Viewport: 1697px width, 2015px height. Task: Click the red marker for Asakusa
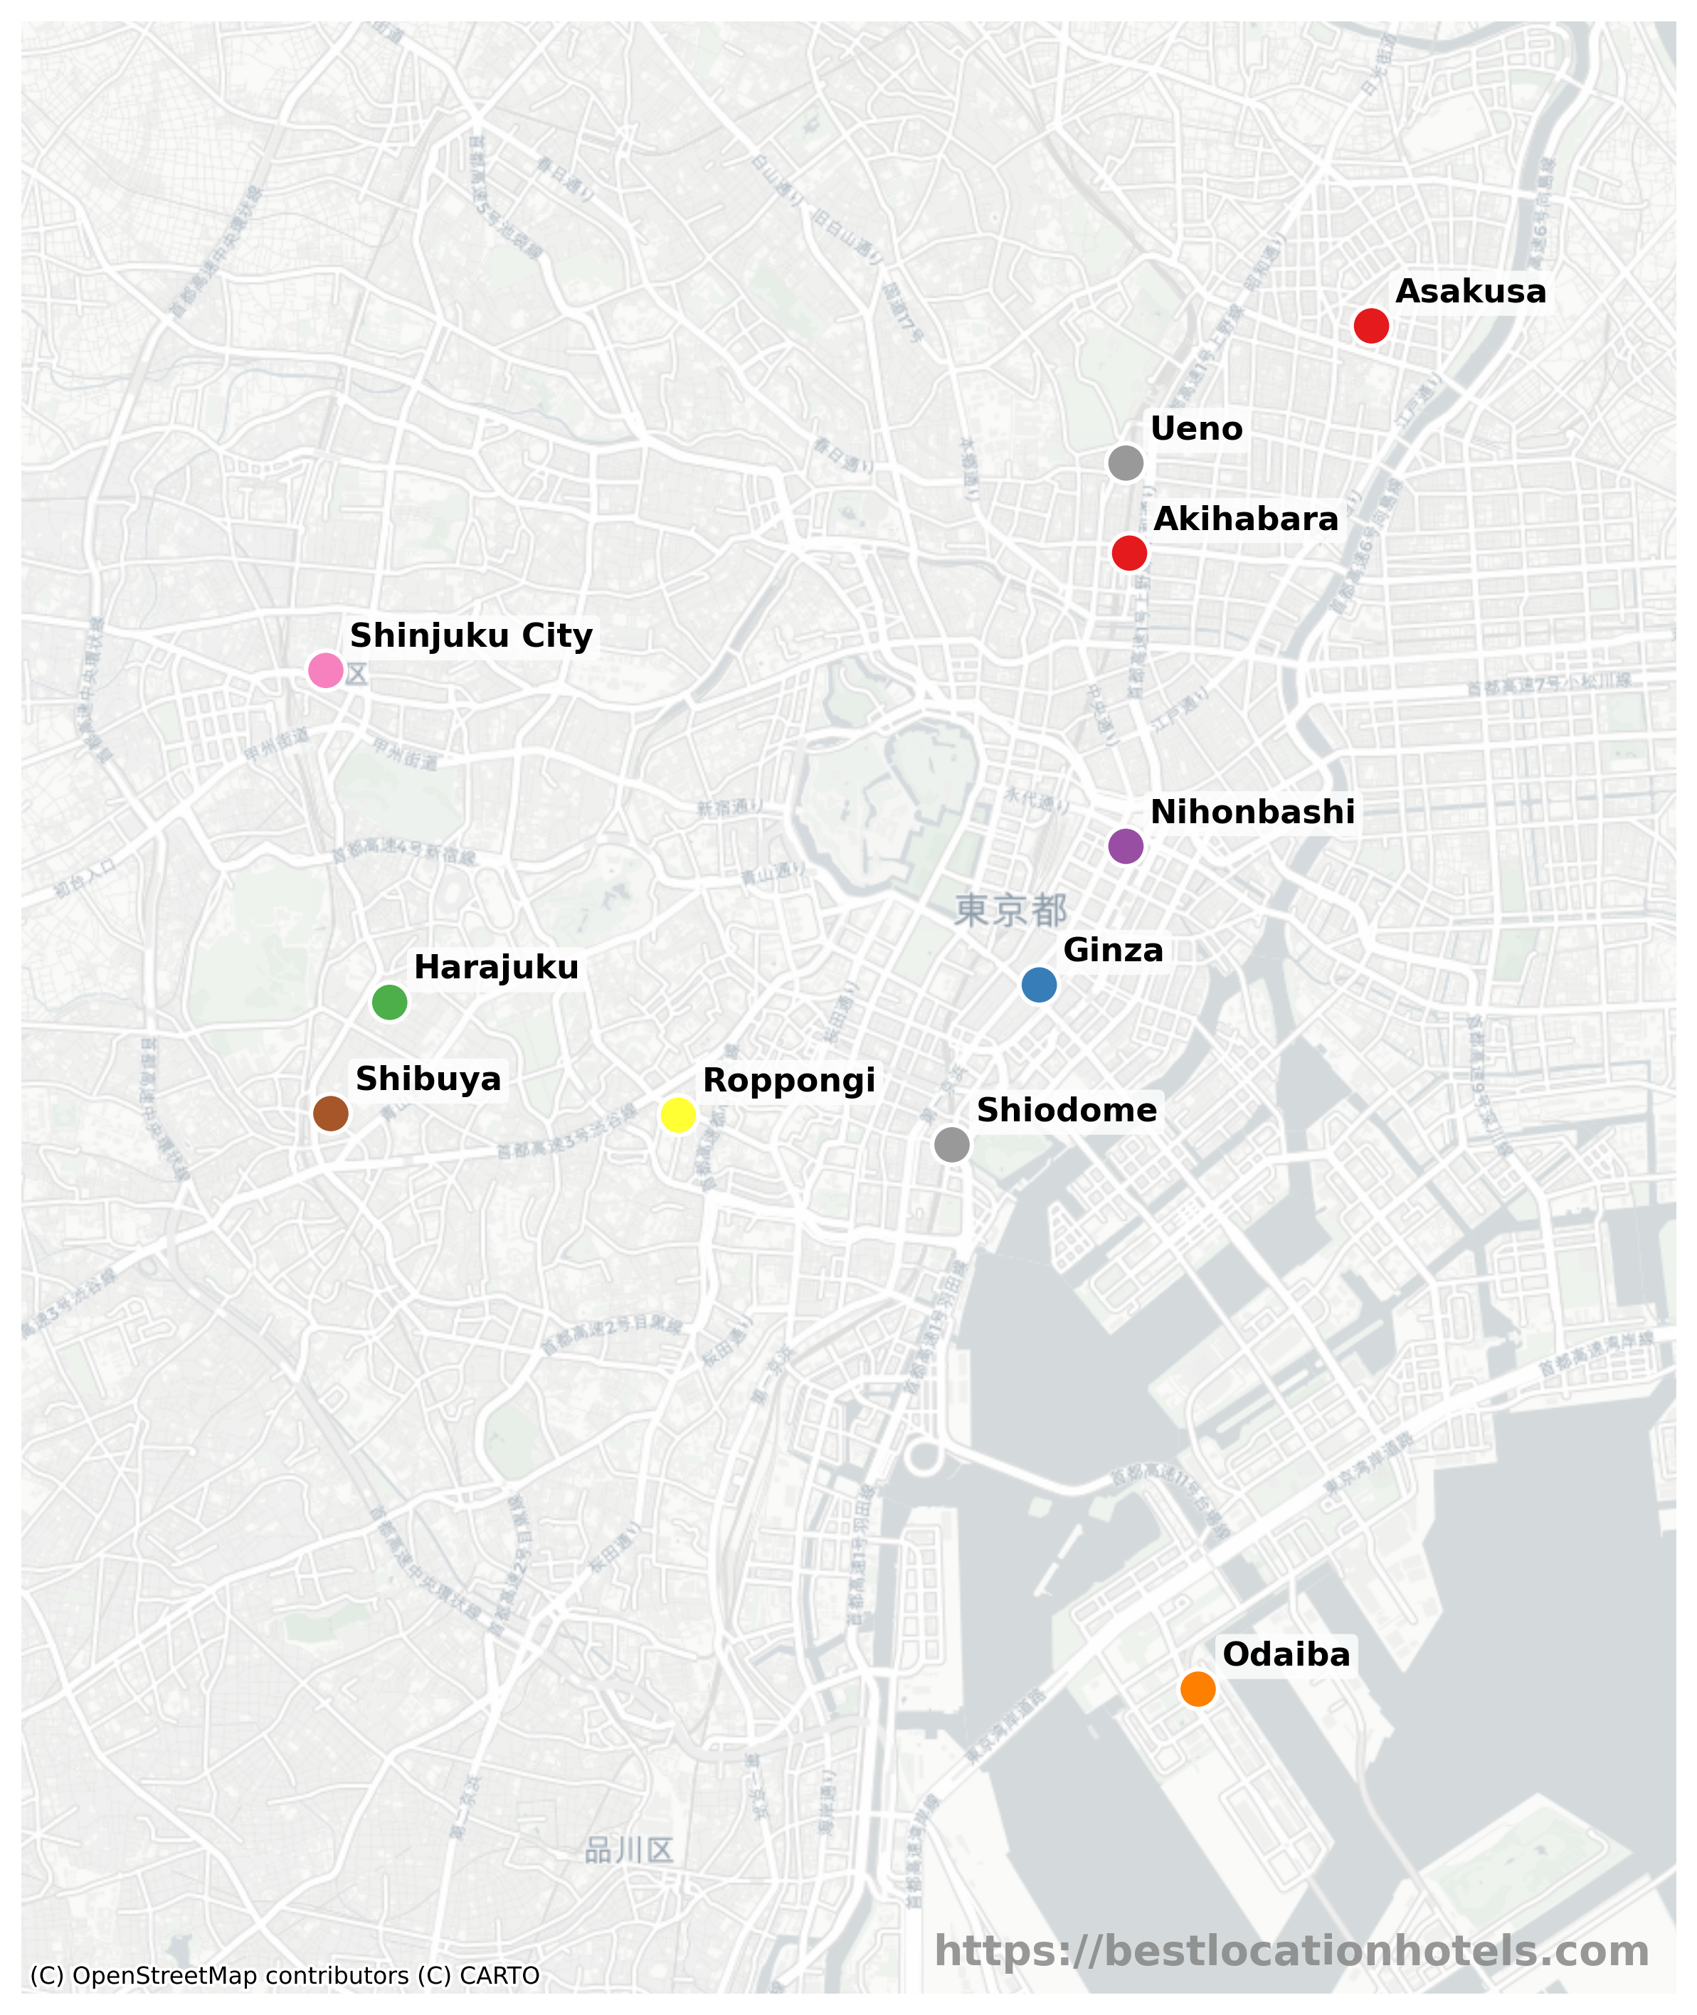pos(1371,326)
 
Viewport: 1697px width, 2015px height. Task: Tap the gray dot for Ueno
pos(1126,462)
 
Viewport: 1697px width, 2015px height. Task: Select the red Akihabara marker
pos(1129,553)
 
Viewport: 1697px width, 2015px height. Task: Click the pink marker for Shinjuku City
pos(326,670)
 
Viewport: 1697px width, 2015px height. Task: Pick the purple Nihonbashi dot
pos(1126,847)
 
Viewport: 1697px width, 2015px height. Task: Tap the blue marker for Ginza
pos(1039,985)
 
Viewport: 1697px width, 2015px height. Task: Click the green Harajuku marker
pos(390,1003)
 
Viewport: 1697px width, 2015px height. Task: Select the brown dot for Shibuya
pos(331,1113)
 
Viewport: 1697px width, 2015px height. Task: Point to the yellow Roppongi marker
pos(678,1115)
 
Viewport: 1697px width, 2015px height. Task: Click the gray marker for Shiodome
pos(951,1145)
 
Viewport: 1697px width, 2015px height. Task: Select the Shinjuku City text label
pos(470,636)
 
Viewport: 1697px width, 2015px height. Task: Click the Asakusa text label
pos(1470,292)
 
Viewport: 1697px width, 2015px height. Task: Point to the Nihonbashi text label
pos(1252,812)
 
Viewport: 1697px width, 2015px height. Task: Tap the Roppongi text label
pos(789,1080)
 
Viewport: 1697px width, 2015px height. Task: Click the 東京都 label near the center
pos(1010,910)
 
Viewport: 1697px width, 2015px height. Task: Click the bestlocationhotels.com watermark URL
pos(1291,1952)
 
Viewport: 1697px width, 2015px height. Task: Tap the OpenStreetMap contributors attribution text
pos(285,1976)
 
